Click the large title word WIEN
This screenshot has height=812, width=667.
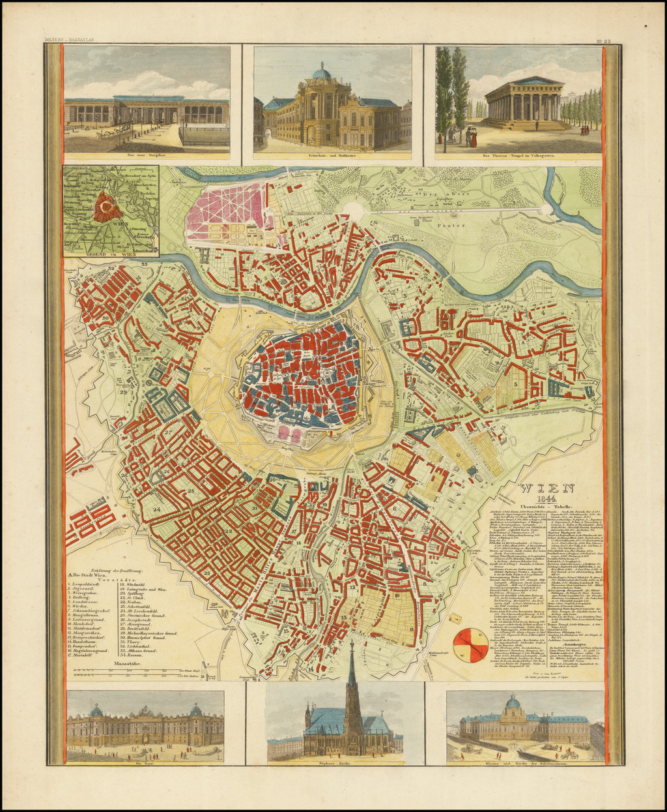(546, 488)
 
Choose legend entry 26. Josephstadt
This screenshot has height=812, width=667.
(139, 620)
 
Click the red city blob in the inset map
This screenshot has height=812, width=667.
(105, 208)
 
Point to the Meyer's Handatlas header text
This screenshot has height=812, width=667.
(69, 40)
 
